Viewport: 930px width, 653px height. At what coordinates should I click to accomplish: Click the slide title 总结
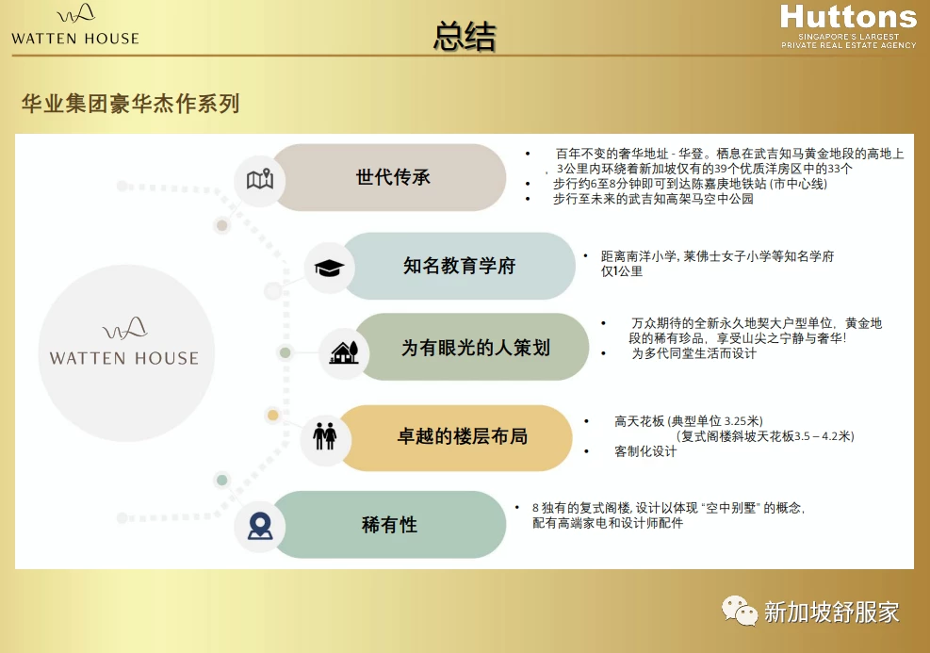465,37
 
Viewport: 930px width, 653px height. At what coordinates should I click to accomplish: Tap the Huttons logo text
848,17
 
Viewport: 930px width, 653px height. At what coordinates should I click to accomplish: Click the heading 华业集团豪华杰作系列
130,104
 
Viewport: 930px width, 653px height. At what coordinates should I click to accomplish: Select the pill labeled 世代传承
389,177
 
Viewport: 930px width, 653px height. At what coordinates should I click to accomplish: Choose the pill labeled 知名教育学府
459,266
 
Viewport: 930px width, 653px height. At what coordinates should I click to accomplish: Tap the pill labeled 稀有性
389,524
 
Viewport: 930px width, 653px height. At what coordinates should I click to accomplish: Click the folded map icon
260,179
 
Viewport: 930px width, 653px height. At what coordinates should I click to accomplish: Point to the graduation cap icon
329,269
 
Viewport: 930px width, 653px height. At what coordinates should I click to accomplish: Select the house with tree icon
344,352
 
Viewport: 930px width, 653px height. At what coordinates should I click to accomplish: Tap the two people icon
325,436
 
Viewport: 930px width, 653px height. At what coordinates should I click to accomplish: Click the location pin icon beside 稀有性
260,526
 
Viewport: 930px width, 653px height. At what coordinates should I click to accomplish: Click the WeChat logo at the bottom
739,611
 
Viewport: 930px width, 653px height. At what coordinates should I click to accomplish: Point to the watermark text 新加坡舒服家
832,612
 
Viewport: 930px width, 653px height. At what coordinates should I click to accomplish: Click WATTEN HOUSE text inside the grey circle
124,358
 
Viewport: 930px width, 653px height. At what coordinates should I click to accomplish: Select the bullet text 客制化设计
645,451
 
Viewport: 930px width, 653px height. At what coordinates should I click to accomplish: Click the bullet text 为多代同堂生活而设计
693,353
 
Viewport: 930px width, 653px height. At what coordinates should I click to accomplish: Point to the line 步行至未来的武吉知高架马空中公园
653,199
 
